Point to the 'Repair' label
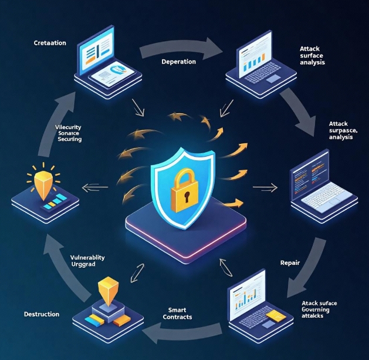[x=290, y=263]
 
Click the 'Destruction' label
[x=42, y=314]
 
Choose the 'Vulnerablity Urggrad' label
[x=87, y=261]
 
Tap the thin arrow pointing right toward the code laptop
[x=265, y=189]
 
